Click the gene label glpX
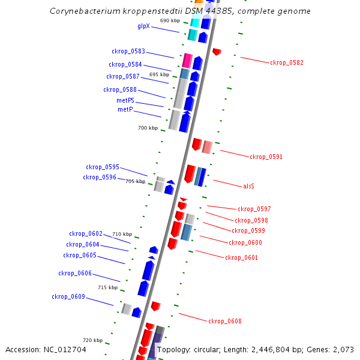coord(143,26)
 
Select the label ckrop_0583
coord(128,52)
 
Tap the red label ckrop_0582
coord(287,62)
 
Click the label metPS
coord(125,101)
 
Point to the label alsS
coord(249,187)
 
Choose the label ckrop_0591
coord(266,157)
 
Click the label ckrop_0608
coord(225,322)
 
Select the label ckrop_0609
coord(68,297)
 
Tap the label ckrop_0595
coord(102,167)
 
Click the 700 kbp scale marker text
coord(148,128)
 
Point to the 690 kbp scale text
coord(170,20)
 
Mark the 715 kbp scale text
coord(108,288)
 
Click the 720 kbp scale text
coord(92,341)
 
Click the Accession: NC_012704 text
coord(46,349)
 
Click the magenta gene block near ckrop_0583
coord(187,61)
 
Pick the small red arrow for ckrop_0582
coord(217,52)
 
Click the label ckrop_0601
coord(242,258)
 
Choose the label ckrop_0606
coord(75,274)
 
